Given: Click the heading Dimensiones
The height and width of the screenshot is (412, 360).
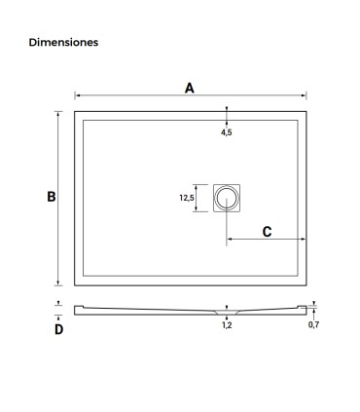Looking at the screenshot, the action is coord(63,42).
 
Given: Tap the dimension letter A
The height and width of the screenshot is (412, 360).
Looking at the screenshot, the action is coord(190,88).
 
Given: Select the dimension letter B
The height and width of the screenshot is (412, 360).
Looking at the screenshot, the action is coord(52,197).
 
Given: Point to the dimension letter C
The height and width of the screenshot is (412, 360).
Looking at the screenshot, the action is coord(267,232).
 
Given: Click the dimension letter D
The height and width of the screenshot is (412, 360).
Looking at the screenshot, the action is coord(58,329).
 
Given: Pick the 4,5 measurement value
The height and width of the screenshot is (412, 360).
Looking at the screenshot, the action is coord(227,132).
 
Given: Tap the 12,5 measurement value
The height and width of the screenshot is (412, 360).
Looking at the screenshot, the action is coord(187,197).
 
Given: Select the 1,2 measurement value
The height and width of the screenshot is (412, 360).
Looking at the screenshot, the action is coord(227,325).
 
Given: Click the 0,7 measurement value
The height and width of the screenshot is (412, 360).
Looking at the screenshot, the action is coord(313,324).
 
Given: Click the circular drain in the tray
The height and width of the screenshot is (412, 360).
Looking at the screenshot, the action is coord(227,198).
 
